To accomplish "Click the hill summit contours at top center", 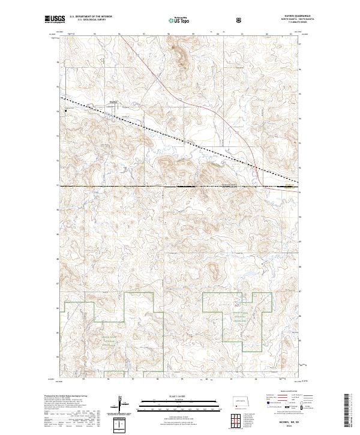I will [179, 54].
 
